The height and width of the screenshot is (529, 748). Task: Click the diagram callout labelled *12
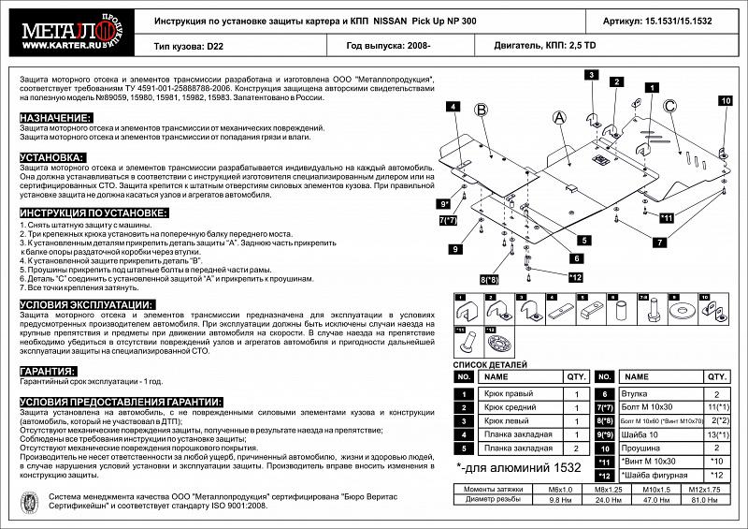pyautogui.click(x=575, y=276)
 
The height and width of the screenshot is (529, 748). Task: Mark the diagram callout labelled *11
pyautogui.click(x=667, y=218)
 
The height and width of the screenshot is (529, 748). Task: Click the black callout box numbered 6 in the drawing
pyautogui.click(x=577, y=257)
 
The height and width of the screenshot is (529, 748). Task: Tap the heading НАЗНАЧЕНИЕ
pyautogui.click(x=56, y=118)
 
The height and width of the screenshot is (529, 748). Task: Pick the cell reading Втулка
pyautogui.click(x=636, y=395)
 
